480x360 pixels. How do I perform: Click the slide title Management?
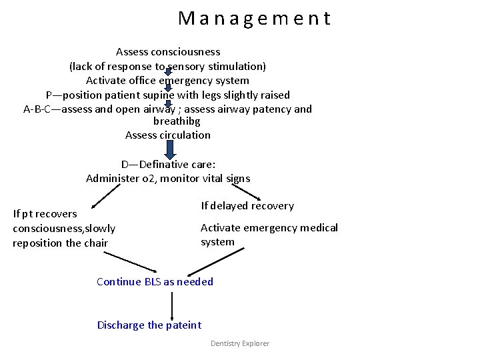coord(254,18)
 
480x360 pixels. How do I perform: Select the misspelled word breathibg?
coord(177,121)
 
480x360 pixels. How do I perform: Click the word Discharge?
coord(120,325)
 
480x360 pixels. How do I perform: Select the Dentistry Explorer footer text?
coord(240,343)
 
